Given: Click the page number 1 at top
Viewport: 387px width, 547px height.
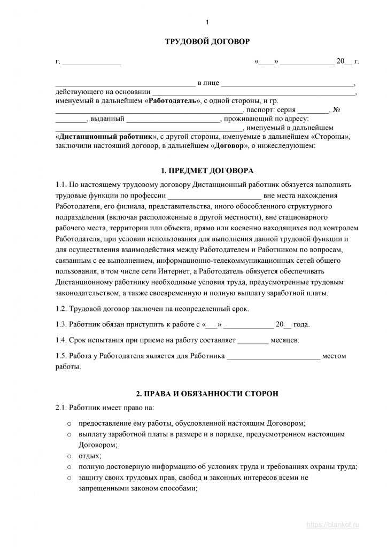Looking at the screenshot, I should point(207,22).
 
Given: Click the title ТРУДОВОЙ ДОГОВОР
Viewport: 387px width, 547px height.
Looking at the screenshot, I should point(207,41).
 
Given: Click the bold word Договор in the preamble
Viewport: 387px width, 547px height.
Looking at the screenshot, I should point(229,145).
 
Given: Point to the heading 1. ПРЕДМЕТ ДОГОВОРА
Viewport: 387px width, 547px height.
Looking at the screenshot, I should point(207,171).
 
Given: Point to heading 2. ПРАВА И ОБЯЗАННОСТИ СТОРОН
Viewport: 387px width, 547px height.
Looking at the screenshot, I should point(207,394).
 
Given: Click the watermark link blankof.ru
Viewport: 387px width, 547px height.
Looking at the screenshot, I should point(332,525).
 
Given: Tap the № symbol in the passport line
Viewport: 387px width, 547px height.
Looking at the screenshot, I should point(336,110).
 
